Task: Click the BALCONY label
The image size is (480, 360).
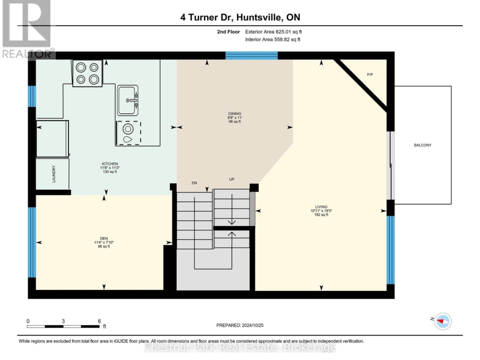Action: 423,145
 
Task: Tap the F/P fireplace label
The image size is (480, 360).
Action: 370,74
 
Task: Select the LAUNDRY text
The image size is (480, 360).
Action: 54,174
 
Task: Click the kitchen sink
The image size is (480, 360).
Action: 128,100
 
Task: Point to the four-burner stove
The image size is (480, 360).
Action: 87,73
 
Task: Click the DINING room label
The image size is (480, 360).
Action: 235,114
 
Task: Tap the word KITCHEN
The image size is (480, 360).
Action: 110,164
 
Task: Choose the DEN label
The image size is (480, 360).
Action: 104,239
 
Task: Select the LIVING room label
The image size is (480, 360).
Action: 321,207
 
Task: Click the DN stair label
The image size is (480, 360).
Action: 194,183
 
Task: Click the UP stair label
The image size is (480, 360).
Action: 232,180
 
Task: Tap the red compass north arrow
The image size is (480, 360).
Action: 441,321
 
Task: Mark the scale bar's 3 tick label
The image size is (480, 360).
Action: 64,321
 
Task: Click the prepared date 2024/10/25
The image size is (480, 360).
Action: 252,325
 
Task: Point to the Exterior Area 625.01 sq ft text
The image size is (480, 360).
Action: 273,32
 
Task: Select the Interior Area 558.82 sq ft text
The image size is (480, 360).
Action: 273,40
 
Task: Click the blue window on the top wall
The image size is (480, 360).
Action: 252,56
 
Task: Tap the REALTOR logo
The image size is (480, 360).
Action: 27,29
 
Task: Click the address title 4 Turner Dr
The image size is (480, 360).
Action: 207,17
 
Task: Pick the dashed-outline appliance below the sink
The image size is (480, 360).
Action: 128,133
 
